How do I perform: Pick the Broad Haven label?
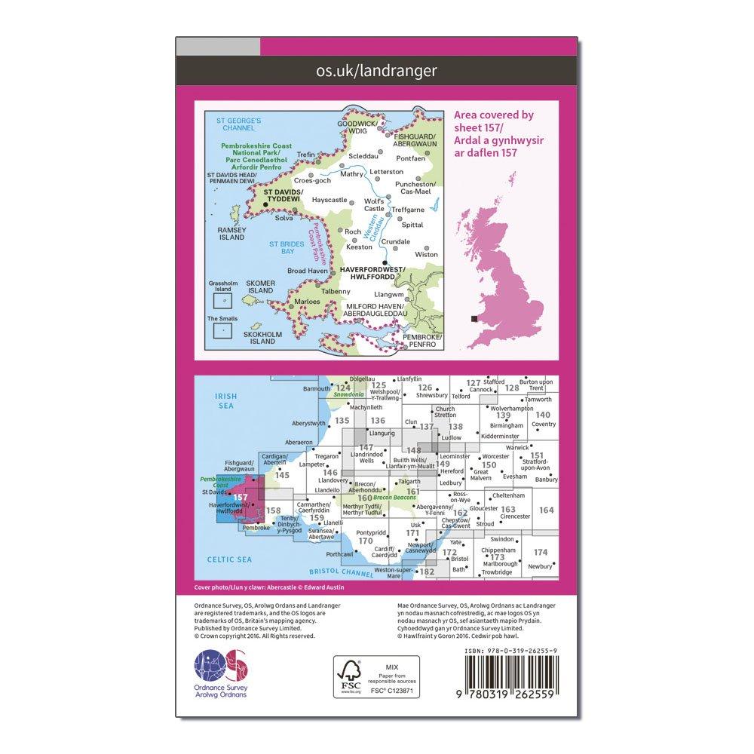point(307,270)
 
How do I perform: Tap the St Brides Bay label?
point(287,247)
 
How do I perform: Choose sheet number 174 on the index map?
point(540,553)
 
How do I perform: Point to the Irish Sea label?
point(225,401)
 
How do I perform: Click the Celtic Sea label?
point(230,559)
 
